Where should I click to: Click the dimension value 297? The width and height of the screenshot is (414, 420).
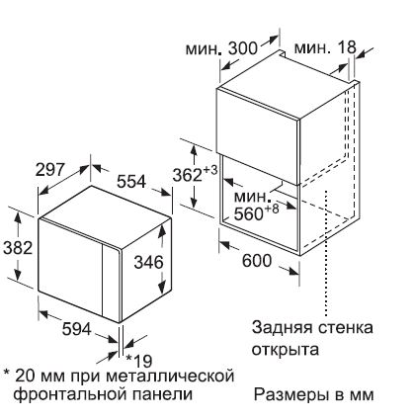tap(49, 170)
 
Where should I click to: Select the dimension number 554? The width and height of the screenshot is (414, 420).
tap(131, 181)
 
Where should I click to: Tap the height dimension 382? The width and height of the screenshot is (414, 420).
tap(18, 248)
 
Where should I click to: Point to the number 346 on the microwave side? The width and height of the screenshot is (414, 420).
tap(148, 262)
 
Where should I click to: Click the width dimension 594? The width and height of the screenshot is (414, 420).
tap(76, 328)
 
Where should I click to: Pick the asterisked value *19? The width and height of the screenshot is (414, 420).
tap(139, 361)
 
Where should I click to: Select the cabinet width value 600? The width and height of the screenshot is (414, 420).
tap(257, 261)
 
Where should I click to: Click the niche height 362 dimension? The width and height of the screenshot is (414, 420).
tap(187, 175)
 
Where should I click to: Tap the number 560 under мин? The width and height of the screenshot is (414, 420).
tap(248, 214)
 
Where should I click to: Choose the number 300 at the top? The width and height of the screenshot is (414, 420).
tap(243, 48)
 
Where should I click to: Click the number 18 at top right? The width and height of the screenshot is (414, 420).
tap(347, 47)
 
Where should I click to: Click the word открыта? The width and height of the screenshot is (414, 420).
tap(286, 349)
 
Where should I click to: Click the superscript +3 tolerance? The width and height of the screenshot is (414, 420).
tap(210, 171)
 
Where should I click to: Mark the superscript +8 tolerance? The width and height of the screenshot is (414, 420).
tap(271, 210)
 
